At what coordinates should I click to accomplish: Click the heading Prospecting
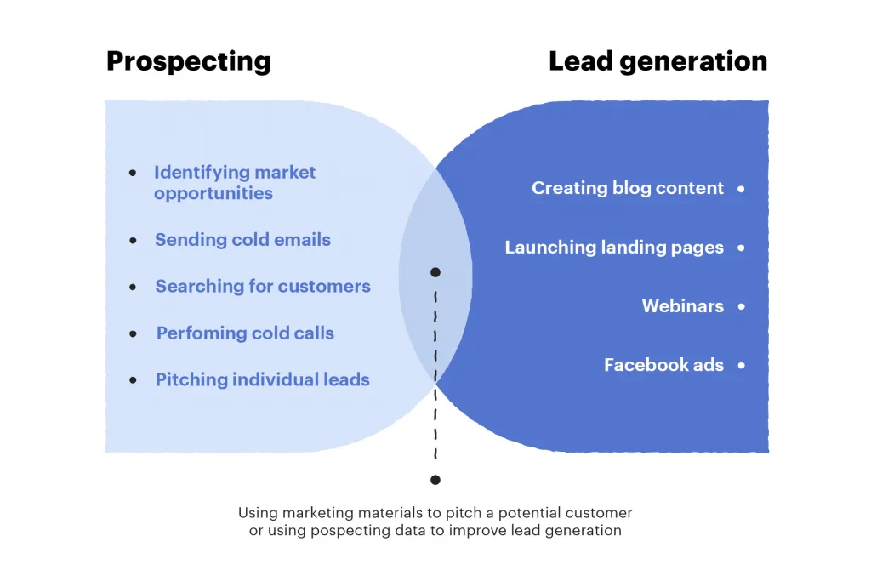(189, 61)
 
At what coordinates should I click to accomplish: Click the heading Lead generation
(658, 61)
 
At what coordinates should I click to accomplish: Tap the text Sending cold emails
(242, 240)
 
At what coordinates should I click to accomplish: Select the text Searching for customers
(263, 287)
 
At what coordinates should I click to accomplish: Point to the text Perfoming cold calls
(245, 333)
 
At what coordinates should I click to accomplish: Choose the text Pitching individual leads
(263, 380)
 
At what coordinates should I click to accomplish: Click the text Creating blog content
(628, 188)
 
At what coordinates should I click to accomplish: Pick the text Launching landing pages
(614, 248)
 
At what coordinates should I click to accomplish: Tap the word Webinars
(683, 306)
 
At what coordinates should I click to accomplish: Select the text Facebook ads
(663, 365)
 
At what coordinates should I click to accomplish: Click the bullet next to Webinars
(741, 306)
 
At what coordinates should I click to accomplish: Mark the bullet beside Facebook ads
(741, 365)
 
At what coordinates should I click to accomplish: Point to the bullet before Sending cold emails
(133, 241)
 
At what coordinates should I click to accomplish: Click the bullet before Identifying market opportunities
(133, 173)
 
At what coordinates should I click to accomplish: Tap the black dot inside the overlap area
(435, 272)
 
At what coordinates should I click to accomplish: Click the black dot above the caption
(435, 480)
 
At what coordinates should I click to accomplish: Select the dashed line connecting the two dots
(435, 374)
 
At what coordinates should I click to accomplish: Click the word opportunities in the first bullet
(213, 193)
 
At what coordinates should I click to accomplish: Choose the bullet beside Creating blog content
(741, 188)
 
